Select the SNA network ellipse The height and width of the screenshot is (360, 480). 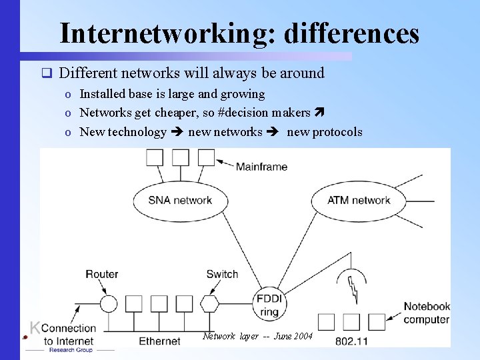(x=179, y=200)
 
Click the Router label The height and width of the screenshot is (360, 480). (x=101, y=274)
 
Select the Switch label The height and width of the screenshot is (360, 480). (x=222, y=274)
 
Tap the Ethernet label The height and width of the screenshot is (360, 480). (x=159, y=341)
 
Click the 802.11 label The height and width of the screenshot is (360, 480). (x=351, y=341)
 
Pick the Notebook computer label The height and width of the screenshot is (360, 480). (x=427, y=313)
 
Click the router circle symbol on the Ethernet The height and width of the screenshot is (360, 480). (x=109, y=304)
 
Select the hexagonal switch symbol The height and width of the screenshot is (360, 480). (x=210, y=304)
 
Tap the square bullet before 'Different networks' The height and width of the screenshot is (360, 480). (x=46, y=73)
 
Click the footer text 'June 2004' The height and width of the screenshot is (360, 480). (x=293, y=336)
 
